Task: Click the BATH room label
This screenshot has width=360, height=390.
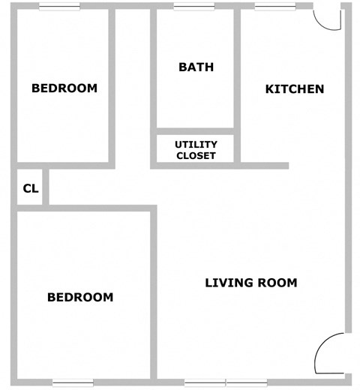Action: pos(196,67)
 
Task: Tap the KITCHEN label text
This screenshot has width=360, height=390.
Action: pos(295,88)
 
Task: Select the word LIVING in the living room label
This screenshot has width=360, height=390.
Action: pos(228,283)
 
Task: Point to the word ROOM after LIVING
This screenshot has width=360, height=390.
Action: pos(276,283)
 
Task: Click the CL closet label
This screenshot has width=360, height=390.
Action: pos(30,188)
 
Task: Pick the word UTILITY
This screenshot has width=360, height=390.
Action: pos(196,144)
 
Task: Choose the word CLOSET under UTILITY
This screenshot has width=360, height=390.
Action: pos(196,156)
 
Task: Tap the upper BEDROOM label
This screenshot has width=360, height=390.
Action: pos(64,88)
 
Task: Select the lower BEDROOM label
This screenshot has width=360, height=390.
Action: pos(80,297)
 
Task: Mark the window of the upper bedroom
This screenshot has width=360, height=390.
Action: pos(59,7)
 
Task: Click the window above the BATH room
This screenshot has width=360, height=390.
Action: pos(194,7)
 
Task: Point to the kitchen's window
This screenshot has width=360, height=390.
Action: pos(274,7)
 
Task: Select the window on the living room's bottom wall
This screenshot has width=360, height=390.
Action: pos(226,383)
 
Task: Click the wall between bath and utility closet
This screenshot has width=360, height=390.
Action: pos(196,131)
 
